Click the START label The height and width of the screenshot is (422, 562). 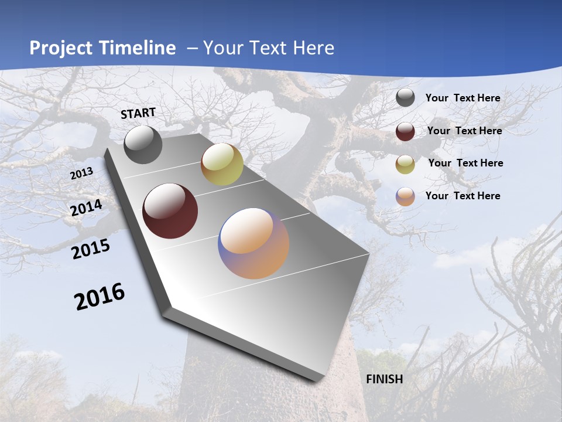pos(138,113)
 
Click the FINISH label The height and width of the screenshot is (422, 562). pos(384,379)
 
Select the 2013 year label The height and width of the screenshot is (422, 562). pos(81,173)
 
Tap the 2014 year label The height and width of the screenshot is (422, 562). pos(87,208)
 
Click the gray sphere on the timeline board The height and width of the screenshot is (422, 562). pos(143,145)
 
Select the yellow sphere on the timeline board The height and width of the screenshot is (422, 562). pos(222,164)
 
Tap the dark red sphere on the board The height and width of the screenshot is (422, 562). pos(170,211)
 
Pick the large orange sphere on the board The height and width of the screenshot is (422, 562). pos(253,243)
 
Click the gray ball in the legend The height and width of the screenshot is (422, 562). pos(405,98)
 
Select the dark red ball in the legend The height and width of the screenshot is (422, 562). pos(405,131)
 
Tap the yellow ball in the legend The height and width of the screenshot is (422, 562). pos(405,164)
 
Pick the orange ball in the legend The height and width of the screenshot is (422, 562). pos(405,196)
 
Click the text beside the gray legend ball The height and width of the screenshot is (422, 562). pos(462,98)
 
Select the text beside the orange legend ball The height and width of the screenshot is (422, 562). pos(462,196)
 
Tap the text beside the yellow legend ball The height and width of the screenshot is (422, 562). pos(465,163)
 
